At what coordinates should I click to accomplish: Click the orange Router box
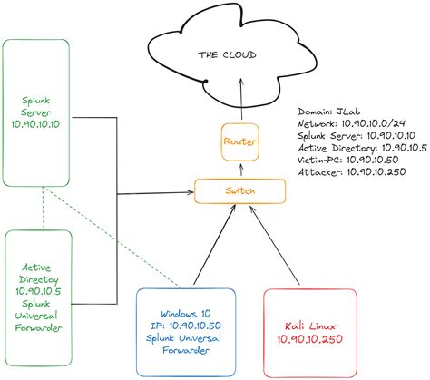240,141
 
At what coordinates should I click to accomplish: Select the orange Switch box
240,191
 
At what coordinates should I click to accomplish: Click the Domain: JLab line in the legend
329,111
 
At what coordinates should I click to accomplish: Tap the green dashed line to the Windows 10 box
100,236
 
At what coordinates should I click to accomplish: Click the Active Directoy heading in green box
36,273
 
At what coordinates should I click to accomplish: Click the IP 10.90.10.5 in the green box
36,292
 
